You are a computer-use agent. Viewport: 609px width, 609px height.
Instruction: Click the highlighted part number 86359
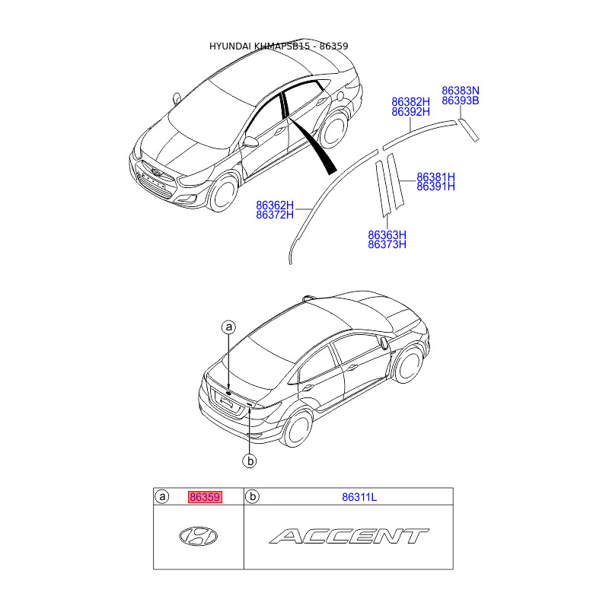(205, 497)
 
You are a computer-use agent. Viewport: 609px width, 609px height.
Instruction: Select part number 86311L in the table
(359, 497)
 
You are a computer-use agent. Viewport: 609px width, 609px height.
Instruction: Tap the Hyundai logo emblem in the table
(198, 536)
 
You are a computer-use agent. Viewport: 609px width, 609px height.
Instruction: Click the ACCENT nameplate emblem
(349, 536)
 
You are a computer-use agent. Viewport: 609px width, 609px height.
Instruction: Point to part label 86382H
(410, 101)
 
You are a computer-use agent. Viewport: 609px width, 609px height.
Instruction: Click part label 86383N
(461, 91)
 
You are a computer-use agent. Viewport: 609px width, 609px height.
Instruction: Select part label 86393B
(461, 100)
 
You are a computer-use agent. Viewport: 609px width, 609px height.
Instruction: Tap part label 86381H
(435, 177)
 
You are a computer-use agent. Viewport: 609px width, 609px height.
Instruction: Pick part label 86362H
(275, 205)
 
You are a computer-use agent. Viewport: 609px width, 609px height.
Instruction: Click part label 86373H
(387, 244)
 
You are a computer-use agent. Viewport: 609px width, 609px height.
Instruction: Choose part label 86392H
(410, 112)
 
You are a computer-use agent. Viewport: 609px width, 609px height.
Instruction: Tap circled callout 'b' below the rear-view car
(248, 460)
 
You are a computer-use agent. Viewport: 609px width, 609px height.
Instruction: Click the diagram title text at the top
(279, 46)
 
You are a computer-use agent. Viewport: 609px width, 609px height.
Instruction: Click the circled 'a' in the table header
(162, 497)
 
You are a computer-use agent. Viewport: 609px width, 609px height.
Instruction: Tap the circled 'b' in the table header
(253, 497)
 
